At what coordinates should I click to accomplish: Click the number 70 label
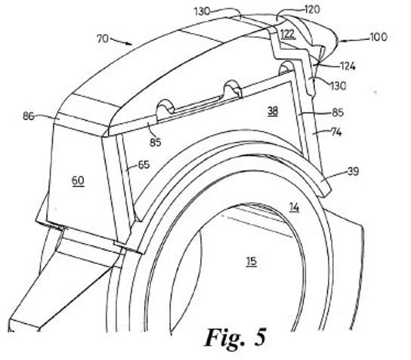(103, 39)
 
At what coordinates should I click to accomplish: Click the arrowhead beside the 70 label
(128, 43)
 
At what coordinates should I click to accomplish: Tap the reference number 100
(379, 37)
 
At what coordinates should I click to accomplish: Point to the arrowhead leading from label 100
(341, 41)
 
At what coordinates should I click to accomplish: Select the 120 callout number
(312, 10)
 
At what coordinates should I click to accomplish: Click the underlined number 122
(288, 34)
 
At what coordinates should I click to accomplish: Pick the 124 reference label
(348, 66)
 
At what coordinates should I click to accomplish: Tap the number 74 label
(336, 133)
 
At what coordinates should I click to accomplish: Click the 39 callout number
(353, 172)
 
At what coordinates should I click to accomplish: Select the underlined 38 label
(273, 111)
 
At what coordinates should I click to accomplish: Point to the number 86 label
(29, 116)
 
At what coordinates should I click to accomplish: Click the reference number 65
(144, 165)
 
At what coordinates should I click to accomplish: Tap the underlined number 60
(78, 180)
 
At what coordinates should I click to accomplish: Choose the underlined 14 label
(294, 208)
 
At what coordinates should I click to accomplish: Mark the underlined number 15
(251, 262)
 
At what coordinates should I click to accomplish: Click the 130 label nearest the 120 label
(202, 12)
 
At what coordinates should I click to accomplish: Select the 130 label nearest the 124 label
(338, 86)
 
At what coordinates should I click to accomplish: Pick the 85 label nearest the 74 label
(338, 112)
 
